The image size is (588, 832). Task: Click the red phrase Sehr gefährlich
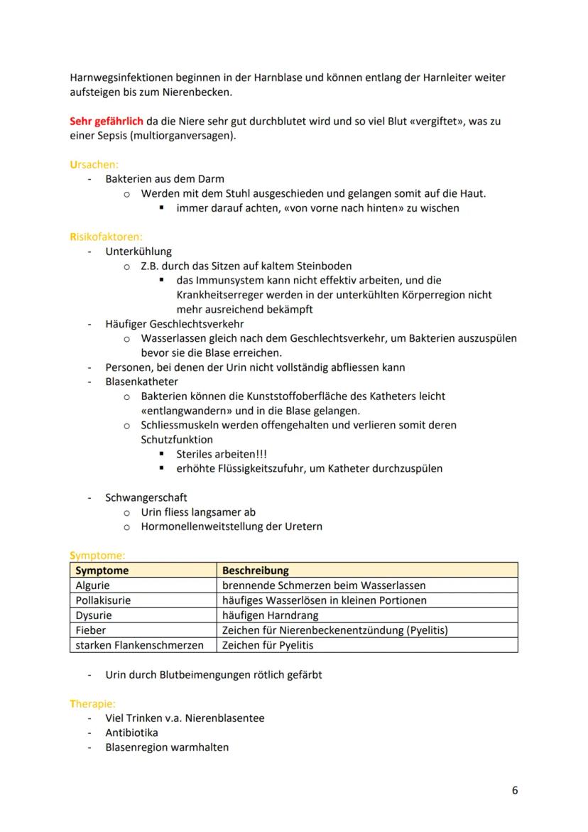[106, 121]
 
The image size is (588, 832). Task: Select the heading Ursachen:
[94, 164]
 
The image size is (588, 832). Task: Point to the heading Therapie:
[92, 703]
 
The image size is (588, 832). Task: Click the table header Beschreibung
[255, 571]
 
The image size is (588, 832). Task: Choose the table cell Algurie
[93, 585]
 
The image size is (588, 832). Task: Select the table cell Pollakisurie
[103, 600]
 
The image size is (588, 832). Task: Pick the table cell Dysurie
[94, 615]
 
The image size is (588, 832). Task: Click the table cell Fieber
[91, 630]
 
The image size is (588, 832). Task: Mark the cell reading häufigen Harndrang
[270, 615]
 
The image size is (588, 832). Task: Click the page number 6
[515, 790]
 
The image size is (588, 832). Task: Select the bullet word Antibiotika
[131, 733]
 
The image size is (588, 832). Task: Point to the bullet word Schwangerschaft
[146, 497]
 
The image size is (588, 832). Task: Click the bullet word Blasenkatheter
[141, 382]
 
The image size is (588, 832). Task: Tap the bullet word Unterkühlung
[138, 251]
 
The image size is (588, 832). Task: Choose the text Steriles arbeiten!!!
[222, 454]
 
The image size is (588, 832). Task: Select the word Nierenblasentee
[226, 718]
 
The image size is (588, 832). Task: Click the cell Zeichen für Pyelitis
[268, 645]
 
